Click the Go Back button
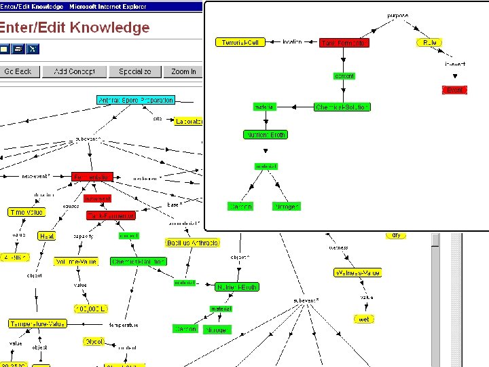[x=18, y=71]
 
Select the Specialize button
[x=135, y=71]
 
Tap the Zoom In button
[x=183, y=71]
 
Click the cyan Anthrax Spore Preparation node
[x=136, y=100]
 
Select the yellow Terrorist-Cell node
[x=240, y=42]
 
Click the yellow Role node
[x=429, y=42]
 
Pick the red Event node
[x=454, y=90]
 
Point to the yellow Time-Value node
[x=26, y=212]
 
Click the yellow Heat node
[x=47, y=236]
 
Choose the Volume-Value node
[x=75, y=261]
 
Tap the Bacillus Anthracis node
[x=193, y=243]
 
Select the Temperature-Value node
[x=37, y=324]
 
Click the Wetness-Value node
[x=357, y=273]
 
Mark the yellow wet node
[x=365, y=319]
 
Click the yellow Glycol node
[x=94, y=341]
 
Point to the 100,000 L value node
[x=91, y=309]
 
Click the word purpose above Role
[x=398, y=15]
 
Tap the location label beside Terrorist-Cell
[x=292, y=42]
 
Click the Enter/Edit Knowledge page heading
[x=74, y=28]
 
